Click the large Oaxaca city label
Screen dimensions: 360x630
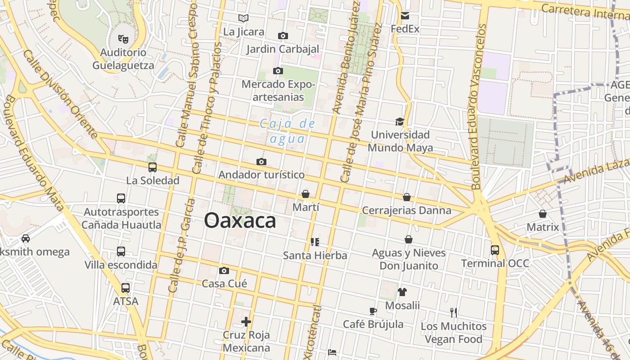coord(240,221)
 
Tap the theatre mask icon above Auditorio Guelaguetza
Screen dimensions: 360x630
coord(123,39)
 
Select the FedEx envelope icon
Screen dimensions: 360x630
coord(405,16)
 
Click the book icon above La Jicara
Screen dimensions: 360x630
coord(243,18)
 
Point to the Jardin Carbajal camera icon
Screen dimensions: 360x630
coord(283,36)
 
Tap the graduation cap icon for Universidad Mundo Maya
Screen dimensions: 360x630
coord(400,121)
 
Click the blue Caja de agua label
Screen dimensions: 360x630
coord(288,130)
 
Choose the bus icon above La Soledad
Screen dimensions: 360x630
coord(153,167)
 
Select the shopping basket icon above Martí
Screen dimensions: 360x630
coord(306,194)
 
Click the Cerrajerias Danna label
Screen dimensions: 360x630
coord(406,210)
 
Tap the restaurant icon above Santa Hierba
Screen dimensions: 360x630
coord(315,242)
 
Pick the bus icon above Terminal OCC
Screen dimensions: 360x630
coord(495,250)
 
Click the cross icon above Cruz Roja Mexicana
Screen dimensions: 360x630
coord(246,321)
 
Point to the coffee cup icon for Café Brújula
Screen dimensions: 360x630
coord(373,311)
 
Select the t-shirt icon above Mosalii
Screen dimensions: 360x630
coord(402,292)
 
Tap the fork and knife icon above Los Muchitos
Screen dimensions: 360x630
coord(454,312)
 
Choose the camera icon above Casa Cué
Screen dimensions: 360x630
coord(224,270)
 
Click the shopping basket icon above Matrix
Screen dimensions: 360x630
coord(543,214)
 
